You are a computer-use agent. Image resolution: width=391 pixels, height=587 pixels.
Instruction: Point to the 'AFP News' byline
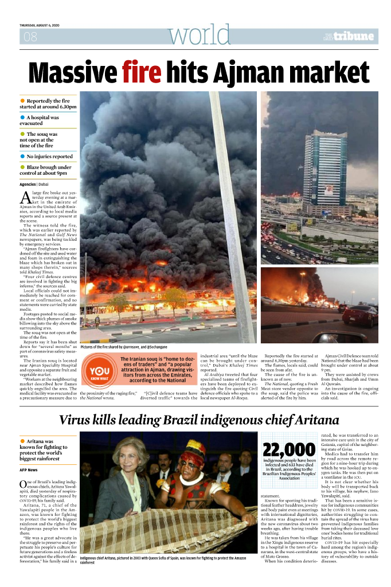tap(29, 469)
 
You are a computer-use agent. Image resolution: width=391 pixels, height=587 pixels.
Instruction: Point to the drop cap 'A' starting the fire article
tap(25, 198)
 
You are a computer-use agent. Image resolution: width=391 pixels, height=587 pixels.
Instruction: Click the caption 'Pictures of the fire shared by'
tap(109, 347)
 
